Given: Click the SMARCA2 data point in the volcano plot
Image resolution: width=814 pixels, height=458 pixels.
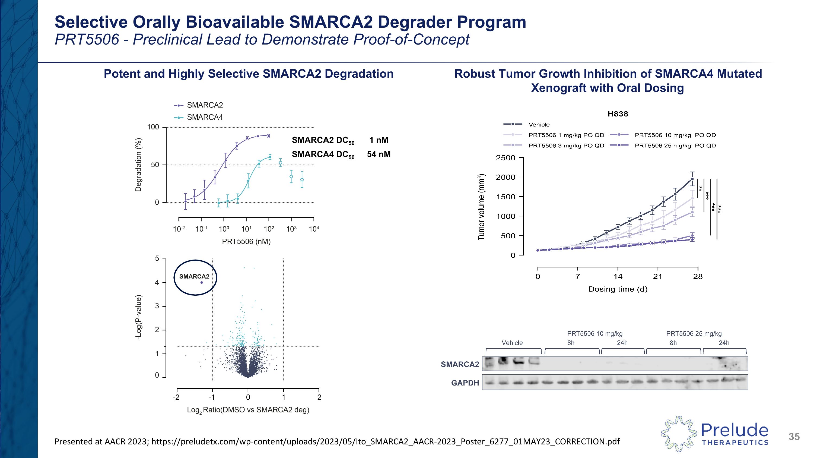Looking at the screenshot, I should coord(202,283).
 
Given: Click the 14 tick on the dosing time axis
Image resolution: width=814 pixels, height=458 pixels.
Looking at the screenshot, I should coord(618,277).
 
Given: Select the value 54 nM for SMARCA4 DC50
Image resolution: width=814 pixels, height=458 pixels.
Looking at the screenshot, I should coord(379,154).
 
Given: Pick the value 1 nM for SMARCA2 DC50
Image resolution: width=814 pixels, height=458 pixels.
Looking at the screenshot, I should coord(379,140).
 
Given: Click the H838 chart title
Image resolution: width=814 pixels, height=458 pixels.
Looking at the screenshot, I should coord(618,114).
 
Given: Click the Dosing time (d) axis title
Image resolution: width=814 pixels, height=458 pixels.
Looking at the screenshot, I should coord(618,289).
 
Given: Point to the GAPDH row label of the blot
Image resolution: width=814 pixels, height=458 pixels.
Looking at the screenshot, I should coord(465,383).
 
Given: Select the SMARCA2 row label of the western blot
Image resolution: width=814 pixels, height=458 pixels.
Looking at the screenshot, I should coord(460,364).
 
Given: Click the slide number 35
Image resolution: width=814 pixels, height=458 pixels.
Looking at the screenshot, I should coord(794,437).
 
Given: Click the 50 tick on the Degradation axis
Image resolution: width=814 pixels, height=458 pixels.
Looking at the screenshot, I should coord(155,165).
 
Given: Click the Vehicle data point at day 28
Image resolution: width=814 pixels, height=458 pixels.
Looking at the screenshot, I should coord(692,179).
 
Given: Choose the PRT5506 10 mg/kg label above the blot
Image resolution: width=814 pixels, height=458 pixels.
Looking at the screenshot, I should coord(595,333).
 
